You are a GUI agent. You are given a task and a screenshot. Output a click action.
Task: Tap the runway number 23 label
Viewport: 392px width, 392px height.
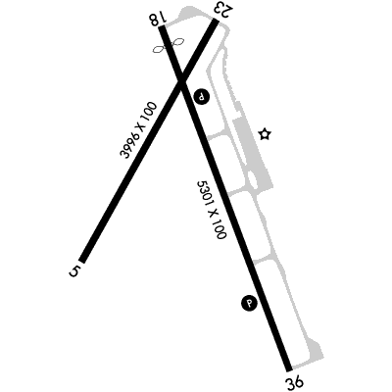click(x=224, y=10)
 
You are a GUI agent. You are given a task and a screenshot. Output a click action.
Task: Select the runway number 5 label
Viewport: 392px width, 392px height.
click(x=74, y=271)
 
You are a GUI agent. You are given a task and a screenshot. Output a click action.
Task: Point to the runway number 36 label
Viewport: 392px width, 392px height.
click(x=295, y=382)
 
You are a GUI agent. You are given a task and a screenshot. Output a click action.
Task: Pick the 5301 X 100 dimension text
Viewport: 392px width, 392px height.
click(x=212, y=210)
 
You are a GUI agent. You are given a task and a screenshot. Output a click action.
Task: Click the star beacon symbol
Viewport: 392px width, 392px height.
click(x=265, y=134)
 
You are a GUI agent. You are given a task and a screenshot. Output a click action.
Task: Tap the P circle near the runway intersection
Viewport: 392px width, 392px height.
click(x=202, y=97)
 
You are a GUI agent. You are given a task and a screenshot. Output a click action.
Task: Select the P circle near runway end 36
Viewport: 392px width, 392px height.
click(x=250, y=303)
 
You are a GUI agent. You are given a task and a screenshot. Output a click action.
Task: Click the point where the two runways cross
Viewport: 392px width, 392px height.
click(x=181, y=82)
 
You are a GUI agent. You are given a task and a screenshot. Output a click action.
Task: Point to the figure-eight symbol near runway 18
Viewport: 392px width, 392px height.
click(x=169, y=45)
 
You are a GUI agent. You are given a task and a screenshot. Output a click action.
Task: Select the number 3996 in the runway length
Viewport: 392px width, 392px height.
click(x=128, y=144)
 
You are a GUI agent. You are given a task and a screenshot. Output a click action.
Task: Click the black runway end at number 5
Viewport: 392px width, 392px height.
click(x=82, y=260)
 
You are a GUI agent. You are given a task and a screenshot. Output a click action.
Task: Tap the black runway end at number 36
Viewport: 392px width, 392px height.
click(x=288, y=368)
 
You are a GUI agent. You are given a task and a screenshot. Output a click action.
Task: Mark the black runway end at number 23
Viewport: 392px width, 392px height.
click(x=216, y=22)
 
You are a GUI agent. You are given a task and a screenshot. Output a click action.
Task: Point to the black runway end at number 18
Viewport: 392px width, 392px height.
click(x=163, y=28)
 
